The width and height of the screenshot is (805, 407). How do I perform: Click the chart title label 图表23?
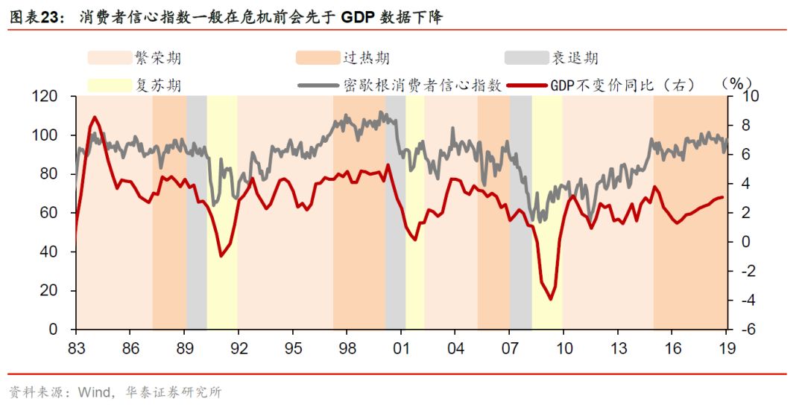(35, 16)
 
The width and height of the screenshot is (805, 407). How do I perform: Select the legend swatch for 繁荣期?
(109, 58)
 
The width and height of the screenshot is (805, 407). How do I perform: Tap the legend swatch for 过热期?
(318, 58)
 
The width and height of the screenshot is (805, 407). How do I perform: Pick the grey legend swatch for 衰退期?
(525, 58)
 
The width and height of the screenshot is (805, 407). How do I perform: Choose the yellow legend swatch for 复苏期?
(109, 85)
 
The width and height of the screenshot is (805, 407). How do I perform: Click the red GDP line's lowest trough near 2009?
(551, 299)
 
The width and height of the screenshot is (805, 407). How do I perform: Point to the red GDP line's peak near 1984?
(94, 118)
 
